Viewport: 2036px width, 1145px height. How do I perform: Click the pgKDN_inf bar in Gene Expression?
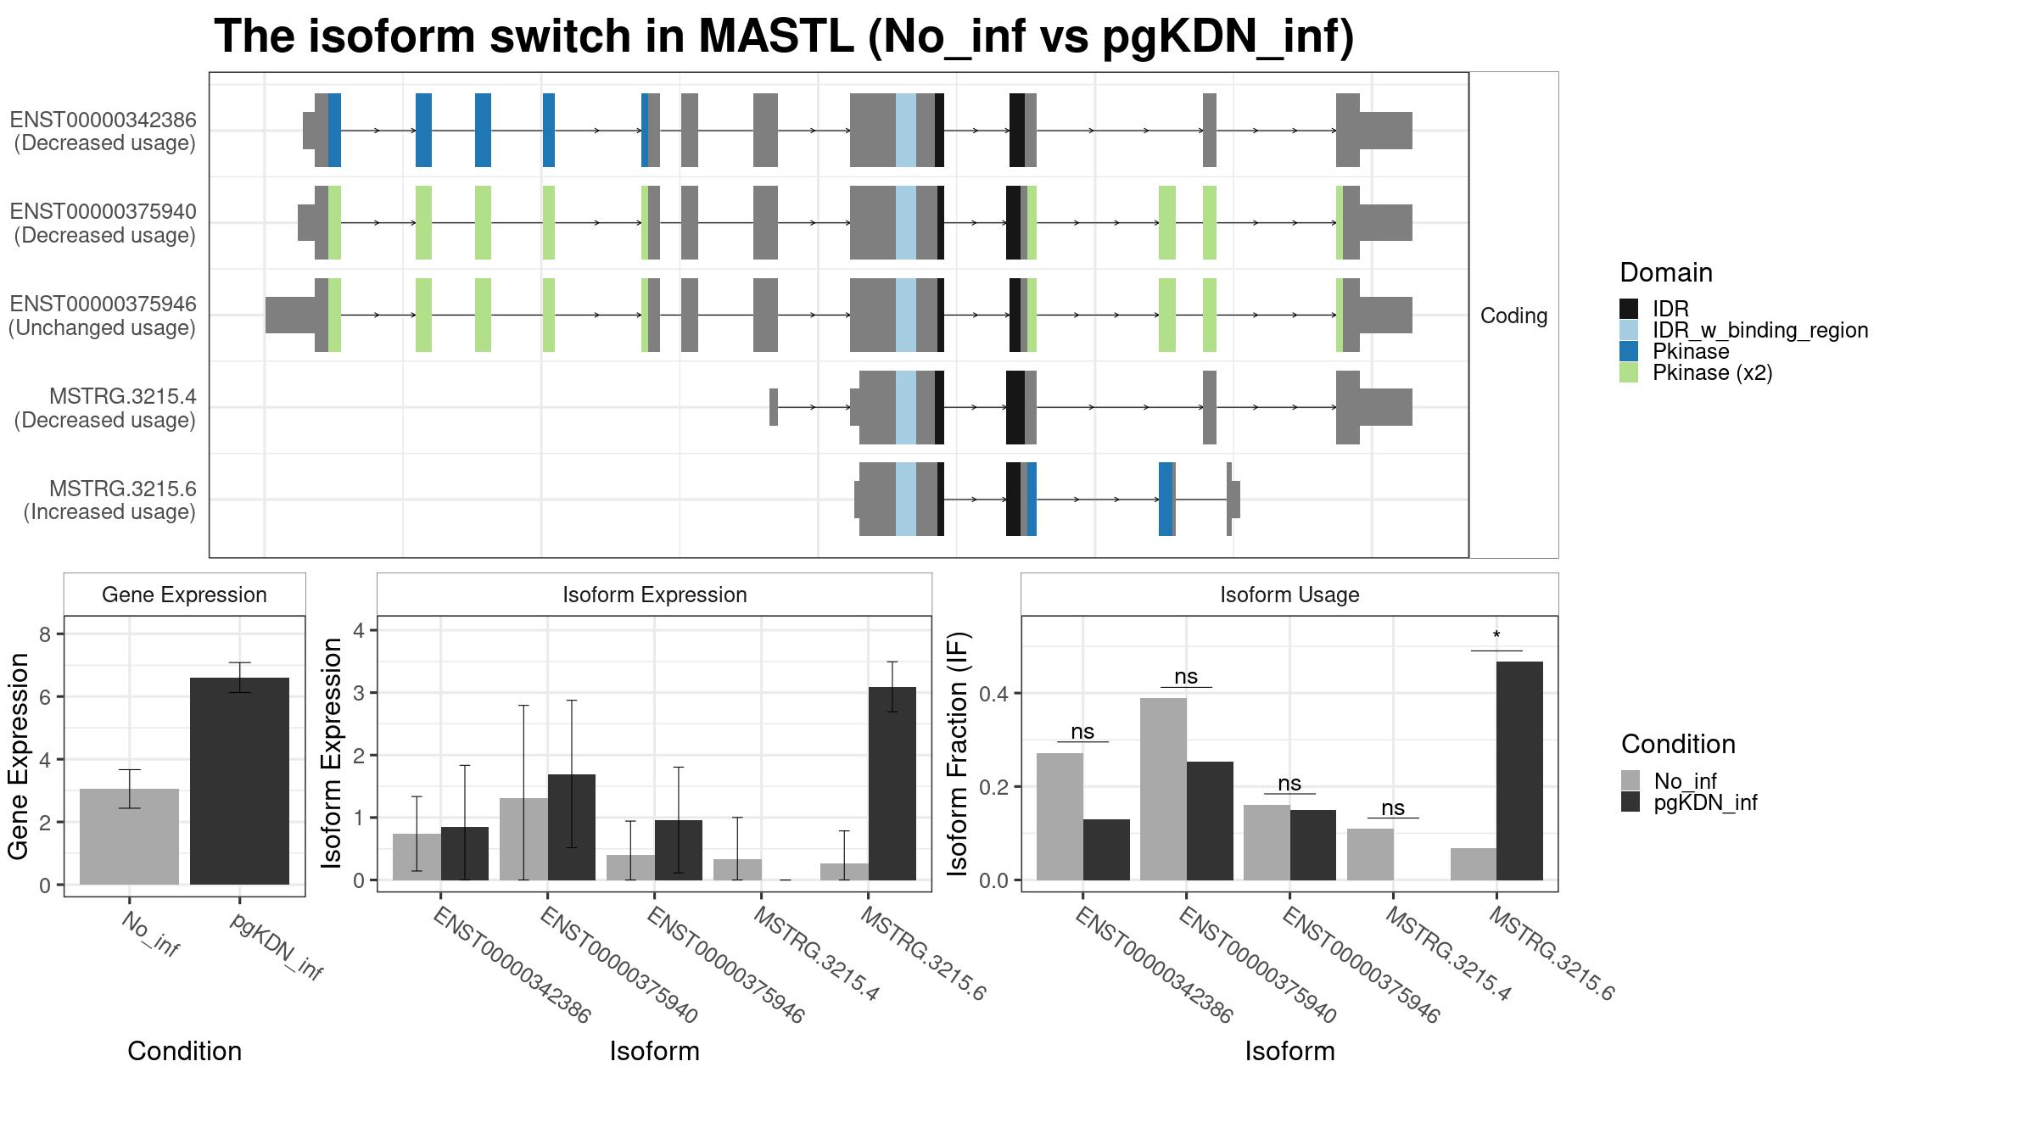pyautogui.click(x=239, y=781)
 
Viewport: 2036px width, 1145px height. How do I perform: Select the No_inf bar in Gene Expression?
pyautogui.click(x=129, y=836)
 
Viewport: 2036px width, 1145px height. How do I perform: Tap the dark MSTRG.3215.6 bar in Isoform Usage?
pyautogui.click(x=1519, y=771)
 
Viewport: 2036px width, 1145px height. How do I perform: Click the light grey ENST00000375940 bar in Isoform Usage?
pyautogui.click(x=1163, y=789)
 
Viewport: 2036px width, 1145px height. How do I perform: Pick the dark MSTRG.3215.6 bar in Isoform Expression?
pyautogui.click(x=892, y=784)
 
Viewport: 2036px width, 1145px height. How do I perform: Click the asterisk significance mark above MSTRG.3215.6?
pyautogui.click(x=1496, y=636)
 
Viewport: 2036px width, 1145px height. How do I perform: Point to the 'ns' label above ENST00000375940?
pyautogui.click(x=1186, y=676)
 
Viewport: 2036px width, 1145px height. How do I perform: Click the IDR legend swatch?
pyautogui.click(x=1629, y=309)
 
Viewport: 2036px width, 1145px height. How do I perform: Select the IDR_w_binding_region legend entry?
pyautogui.click(x=1743, y=330)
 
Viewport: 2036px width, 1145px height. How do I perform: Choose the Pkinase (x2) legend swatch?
pyautogui.click(x=1629, y=372)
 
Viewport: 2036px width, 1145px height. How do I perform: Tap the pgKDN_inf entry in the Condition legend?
pyautogui.click(x=1689, y=802)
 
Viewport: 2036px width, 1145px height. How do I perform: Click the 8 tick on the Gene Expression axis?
pyautogui.click(x=46, y=634)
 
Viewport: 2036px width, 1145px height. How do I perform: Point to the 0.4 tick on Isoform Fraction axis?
pyautogui.click(x=993, y=694)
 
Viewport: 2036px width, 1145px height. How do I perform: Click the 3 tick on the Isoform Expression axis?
pyautogui.click(x=359, y=693)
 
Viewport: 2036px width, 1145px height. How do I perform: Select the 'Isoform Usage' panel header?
pyautogui.click(x=1289, y=595)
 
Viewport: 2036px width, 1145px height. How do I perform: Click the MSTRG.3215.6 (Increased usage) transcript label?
pyautogui.click(x=109, y=500)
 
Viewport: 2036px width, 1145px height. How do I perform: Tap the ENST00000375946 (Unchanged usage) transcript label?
pyautogui.click(x=103, y=316)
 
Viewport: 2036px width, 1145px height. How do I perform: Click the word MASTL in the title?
pyautogui.click(x=775, y=36)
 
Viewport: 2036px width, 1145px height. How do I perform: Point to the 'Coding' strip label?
pyautogui.click(x=1513, y=316)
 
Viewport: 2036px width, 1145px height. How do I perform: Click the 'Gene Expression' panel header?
pyautogui.click(x=184, y=595)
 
